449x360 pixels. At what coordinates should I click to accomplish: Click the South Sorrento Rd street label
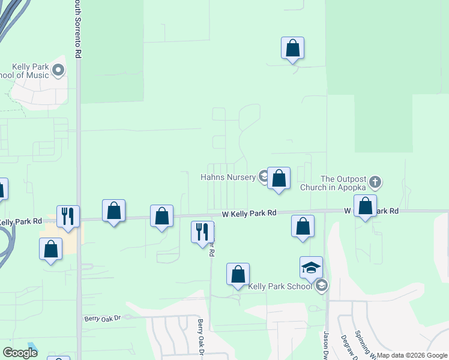[77, 29]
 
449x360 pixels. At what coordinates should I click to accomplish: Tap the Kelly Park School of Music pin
[58, 71]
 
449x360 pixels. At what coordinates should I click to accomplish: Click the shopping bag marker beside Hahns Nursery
[279, 178]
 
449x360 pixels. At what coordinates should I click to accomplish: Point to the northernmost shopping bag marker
[292, 48]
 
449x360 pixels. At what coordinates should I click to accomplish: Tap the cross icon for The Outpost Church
[375, 181]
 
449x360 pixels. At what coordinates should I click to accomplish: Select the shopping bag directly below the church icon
[365, 206]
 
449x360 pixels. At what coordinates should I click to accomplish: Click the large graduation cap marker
[311, 268]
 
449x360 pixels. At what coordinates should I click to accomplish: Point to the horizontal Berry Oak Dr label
[103, 318]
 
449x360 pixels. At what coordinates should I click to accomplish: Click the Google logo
[20, 352]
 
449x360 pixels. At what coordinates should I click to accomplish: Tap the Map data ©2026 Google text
[412, 355]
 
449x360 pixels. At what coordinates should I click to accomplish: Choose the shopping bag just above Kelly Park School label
[238, 274]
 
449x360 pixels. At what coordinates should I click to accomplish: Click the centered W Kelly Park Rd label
[249, 213]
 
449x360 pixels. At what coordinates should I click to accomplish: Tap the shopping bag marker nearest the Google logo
[51, 248]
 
